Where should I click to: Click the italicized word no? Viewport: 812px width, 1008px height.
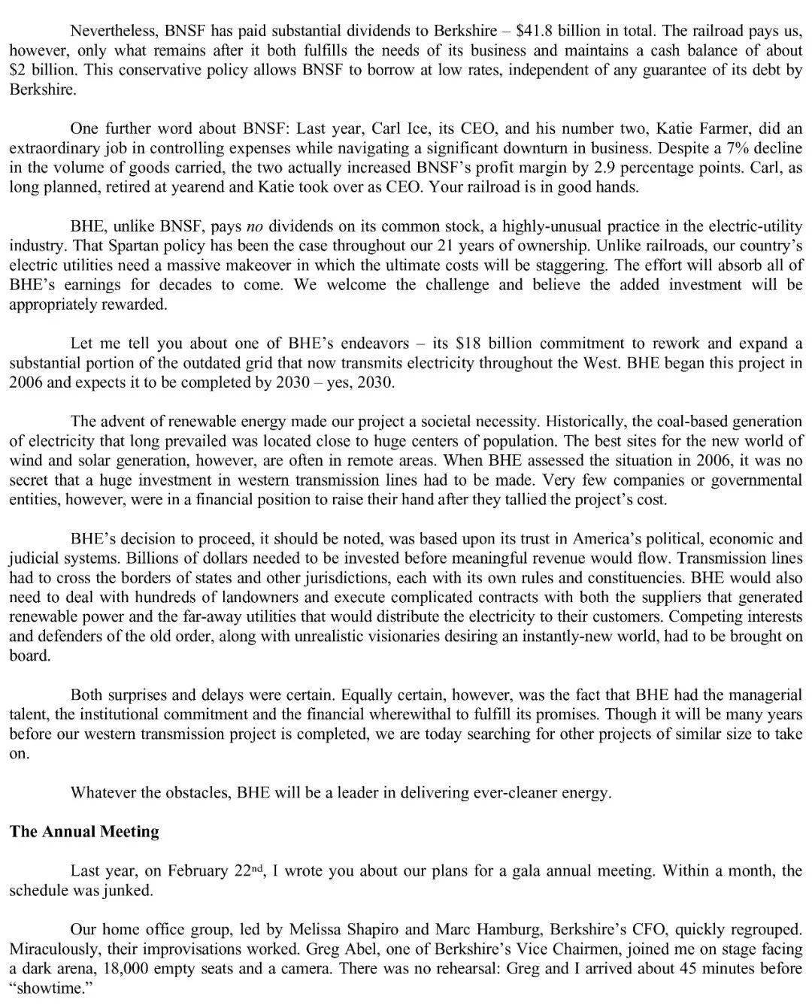click(255, 226)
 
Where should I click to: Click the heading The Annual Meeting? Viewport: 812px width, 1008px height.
click(84, 831)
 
